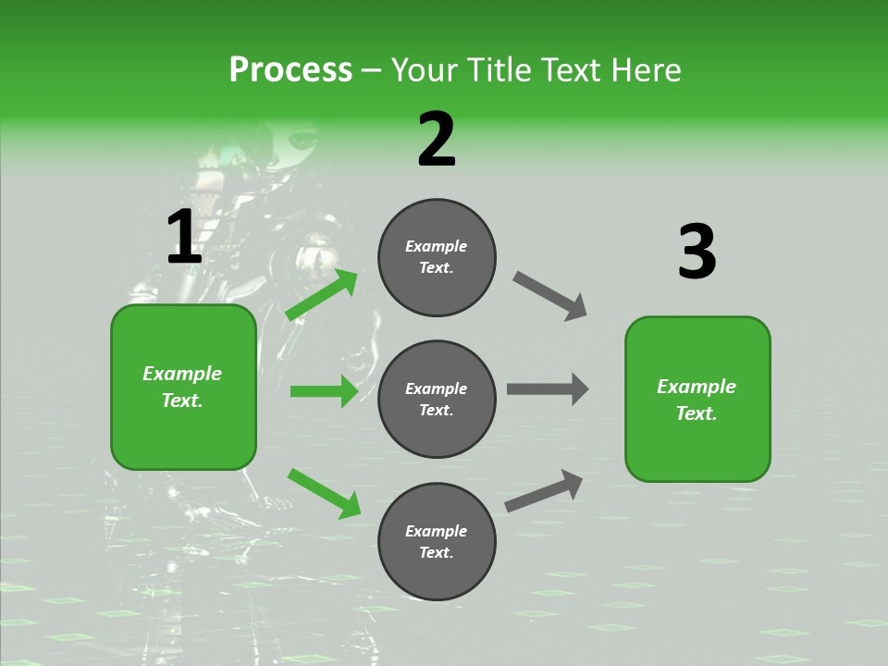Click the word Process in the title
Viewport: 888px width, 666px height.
click(290, 70)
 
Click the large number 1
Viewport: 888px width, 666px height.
click(184, 238)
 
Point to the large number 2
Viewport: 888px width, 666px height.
click(437, 141)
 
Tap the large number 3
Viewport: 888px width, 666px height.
click(697, 253)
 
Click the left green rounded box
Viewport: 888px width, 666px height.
click(183, 387)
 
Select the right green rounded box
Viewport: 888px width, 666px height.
click(697, 399)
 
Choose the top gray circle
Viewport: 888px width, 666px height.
click(437, 257)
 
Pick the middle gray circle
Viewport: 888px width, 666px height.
click(437, 399)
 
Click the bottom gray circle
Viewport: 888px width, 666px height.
click(437, 541)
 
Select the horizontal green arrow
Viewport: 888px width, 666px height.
click(324, 391)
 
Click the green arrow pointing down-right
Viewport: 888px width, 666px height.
click(324, 493)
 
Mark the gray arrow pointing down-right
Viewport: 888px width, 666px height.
click(549, 296)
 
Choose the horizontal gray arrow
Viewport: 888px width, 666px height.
click(548, 389)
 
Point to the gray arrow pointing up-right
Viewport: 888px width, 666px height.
click(544, 490)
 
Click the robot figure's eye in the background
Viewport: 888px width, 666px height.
click(302, 142)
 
